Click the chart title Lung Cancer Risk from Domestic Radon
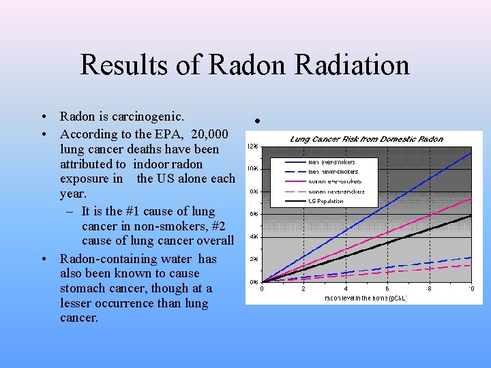point(366,139)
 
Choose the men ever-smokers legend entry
point(333,162)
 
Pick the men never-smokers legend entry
point(333,172)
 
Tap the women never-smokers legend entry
point(336,191)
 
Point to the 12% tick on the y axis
point(252,147)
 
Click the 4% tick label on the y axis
point(252,236)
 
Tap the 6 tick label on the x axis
point(387,288)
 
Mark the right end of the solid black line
point(471,215)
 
